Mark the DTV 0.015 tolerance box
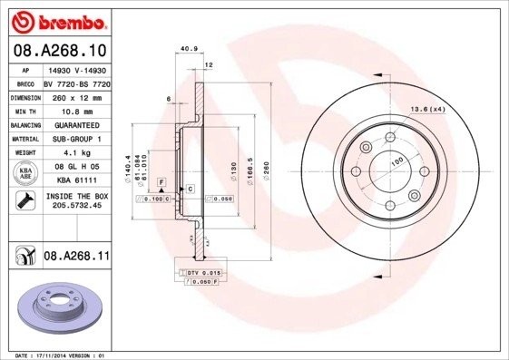[x=203, y=271]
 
